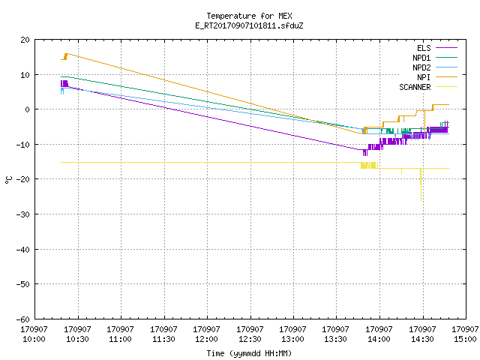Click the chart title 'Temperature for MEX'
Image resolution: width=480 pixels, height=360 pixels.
(x=249, y=16)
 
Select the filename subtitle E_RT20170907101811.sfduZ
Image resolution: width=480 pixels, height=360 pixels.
(x=249, y=25)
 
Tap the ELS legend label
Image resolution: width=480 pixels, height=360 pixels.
(x=424, y=48)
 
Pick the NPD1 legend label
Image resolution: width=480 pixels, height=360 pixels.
(x=421, y=58)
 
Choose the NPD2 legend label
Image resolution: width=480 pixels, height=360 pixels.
(x=421, y=67)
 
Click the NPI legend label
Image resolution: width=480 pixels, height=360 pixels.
(x=424, y=77)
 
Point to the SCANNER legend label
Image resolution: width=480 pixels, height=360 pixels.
(x=415, y=87)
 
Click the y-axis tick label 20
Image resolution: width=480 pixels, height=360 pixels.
(x=25, y=40)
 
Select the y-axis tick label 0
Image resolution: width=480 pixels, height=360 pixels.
(x=28, y=109)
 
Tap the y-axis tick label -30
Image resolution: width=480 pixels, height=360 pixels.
(x=23, y=214)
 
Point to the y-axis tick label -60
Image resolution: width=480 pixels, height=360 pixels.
(x=23, y=319)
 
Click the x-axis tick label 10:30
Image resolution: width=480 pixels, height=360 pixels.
(x=77, y=339)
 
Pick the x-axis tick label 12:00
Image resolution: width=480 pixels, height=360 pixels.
(x=207, y=339)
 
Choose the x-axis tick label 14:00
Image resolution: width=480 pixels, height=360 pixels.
(x=379, y=339)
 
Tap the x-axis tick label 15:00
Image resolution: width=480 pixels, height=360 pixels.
(x=465, y=339)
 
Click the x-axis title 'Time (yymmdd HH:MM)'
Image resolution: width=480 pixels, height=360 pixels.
(x=249, y=353)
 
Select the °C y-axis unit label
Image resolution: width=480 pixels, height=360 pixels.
(x=8, y=180)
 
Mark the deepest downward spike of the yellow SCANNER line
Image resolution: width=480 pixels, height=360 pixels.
(x=421, y=201)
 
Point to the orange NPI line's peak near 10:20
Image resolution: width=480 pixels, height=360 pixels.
(x=67, y=54)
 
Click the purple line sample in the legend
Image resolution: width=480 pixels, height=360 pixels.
(x=446, y=48)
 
